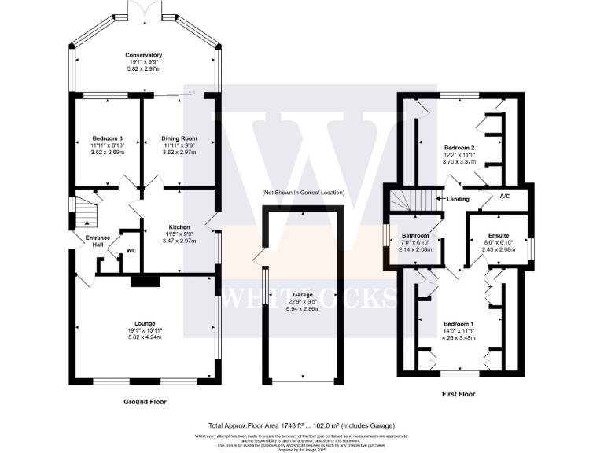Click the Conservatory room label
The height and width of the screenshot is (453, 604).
(143, 55)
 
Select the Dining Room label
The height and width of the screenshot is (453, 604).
(177, 138)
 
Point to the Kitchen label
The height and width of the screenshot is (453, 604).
(179, 227)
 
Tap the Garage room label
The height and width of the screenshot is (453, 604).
(304, 294)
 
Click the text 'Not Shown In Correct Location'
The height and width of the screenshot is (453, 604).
(304, 193)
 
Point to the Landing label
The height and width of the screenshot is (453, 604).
(457, 199)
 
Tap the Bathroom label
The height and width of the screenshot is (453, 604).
(415, 235)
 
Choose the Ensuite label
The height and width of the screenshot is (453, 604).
(497, 235)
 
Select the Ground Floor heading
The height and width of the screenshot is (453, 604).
(145, 401)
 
